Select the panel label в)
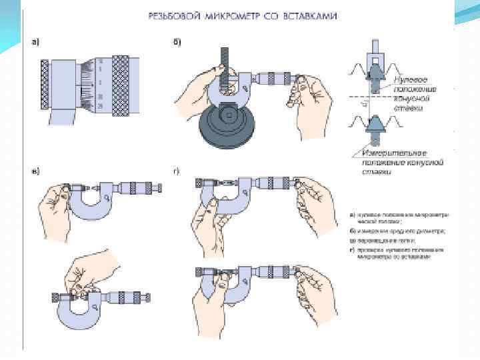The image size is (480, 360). (x=37, y=171)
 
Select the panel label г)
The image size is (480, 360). (x=177, y=171)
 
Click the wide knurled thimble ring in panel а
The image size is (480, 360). (x=121, y=83)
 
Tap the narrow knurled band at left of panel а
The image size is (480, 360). (x=44, y=83)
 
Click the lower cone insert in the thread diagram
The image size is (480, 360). (x=375, y=124)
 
